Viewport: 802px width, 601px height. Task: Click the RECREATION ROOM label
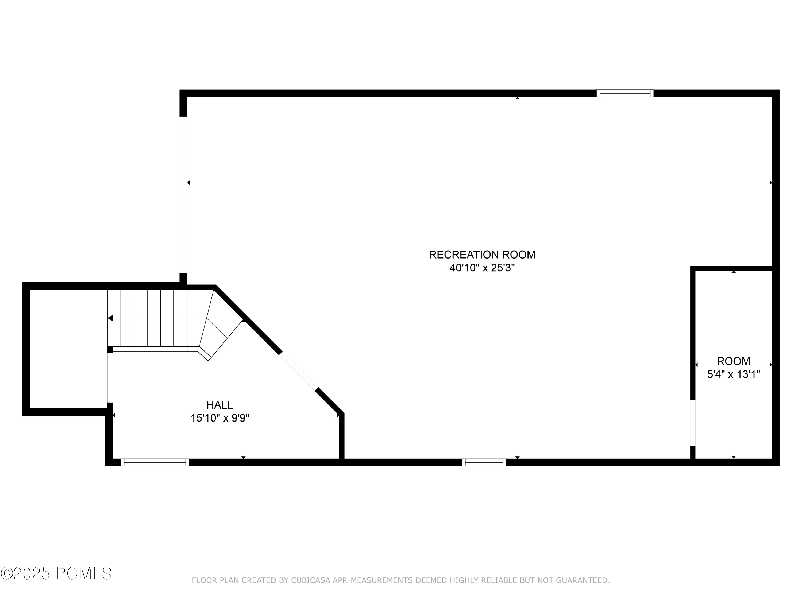(482, 255)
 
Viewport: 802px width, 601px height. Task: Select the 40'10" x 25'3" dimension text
(482, 268)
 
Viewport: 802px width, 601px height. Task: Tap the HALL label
(219, 405)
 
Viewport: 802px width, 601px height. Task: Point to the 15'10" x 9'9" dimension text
(220, 418)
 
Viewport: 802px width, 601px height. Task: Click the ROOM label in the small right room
(733, 361)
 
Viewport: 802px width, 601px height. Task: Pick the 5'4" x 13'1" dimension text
(733, 374)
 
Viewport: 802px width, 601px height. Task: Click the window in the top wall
(625, 93)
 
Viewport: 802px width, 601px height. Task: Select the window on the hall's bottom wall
(155, 462)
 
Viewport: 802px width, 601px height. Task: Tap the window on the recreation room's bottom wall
(484, 462)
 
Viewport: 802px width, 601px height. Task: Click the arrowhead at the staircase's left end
(110, 318)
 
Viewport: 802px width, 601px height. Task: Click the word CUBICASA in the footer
(311, 580)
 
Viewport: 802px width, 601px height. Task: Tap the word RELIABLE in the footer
(499, 580)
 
